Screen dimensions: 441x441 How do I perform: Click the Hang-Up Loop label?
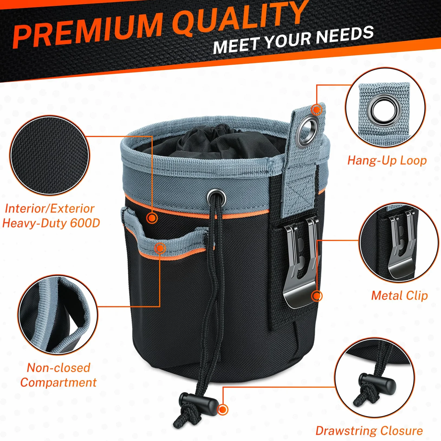(x=387, y=160)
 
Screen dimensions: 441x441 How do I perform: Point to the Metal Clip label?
(x=399, y=295)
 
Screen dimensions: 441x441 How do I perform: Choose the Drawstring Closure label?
(x=369, y=430)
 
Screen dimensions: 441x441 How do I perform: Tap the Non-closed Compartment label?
(x=58, y=375)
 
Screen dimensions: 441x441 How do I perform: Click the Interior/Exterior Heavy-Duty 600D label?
(x=51, y=216)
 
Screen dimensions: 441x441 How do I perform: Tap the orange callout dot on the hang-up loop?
(x=316, y=110)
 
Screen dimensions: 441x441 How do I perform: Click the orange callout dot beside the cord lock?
(x=223, y=410)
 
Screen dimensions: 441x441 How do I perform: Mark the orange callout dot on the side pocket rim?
(x=160, y=248)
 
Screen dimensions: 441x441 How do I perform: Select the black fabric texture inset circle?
(x=50, y=155)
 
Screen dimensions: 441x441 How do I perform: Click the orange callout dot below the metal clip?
(x=317, y=296)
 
